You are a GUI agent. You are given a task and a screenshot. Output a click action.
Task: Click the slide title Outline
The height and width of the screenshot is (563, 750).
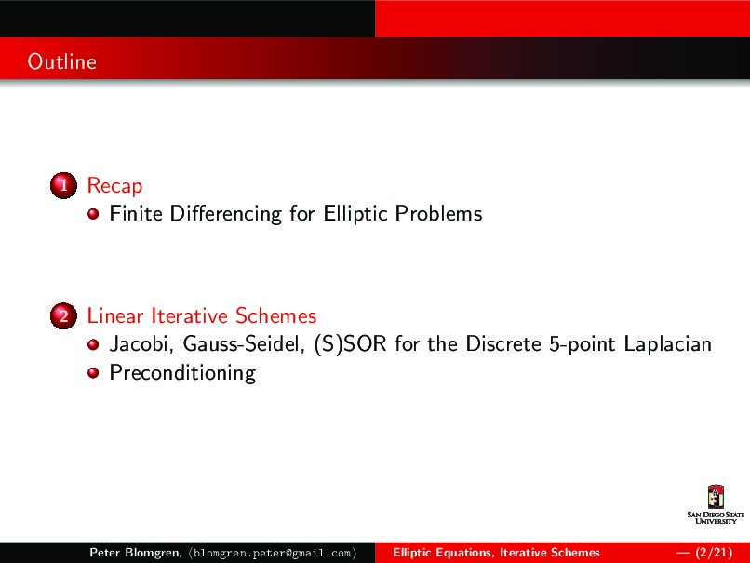(x=61, y=62)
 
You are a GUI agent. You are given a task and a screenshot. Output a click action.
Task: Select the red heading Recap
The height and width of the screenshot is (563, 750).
(x=114, y=186)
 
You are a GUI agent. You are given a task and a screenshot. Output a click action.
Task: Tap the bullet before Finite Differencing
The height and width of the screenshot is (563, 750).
(x=93, y=215)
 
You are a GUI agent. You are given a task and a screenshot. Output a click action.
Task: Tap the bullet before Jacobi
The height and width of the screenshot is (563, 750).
(x=93, y=345)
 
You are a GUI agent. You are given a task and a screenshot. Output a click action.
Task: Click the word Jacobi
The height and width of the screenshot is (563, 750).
(x=141, y=345)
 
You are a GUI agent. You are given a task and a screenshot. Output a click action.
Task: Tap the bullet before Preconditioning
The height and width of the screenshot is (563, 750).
(x=93, y=374)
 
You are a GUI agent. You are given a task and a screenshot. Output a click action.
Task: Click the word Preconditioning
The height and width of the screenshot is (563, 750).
(x=182, y=374)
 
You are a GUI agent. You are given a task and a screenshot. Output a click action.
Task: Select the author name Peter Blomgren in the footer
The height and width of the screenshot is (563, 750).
(x=135, y=553)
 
